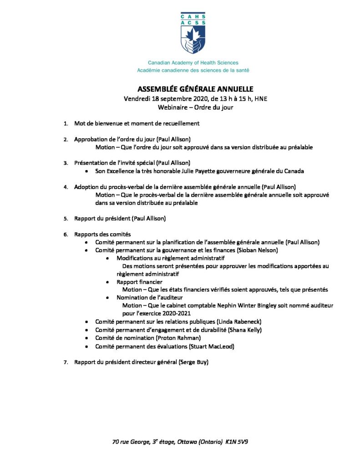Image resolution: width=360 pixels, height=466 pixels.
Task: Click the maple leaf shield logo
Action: [193, 39]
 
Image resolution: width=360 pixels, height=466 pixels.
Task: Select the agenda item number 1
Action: [66, 123]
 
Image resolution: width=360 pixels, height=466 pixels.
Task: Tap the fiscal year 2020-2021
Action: [173, 314]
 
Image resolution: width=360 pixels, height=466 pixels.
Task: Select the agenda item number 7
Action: [66, 362]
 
